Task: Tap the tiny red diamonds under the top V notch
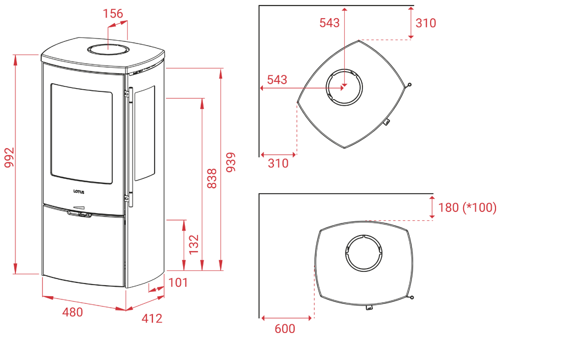point(108,45)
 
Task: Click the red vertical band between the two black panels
point(206,165)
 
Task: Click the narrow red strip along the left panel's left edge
point(16,165)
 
